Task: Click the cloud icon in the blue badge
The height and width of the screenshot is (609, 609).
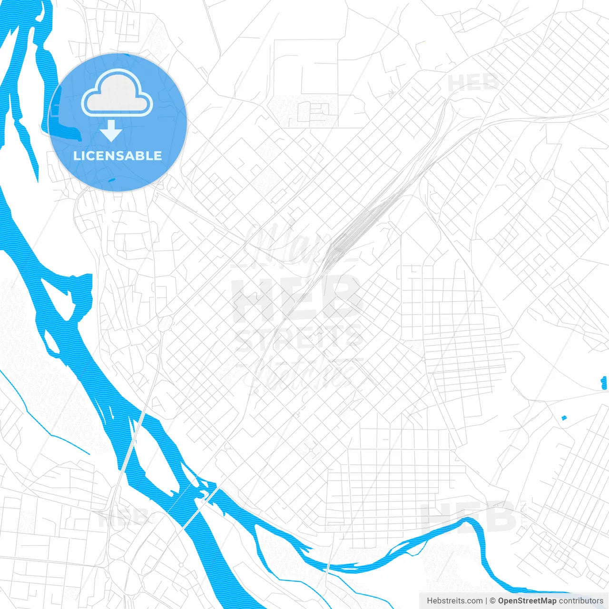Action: [117, 94]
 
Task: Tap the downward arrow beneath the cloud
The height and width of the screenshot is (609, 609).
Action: [111, 131]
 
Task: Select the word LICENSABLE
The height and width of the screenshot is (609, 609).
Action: [118, 156]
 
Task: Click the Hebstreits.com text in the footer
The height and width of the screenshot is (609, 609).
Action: [454, 601]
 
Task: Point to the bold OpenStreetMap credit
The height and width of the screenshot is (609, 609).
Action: [527, 601]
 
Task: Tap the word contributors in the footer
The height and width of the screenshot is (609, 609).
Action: [581, 601]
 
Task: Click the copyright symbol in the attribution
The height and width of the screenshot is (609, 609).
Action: [493, 601]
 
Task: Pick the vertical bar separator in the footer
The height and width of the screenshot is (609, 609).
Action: [486, 601]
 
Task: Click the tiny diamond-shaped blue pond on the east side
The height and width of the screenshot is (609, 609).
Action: [564, 418]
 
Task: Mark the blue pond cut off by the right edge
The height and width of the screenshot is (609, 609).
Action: [605, 382]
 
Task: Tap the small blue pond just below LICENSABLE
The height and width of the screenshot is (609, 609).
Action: [111, 180]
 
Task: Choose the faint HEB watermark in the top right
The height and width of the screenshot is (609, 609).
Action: [473, 83]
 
